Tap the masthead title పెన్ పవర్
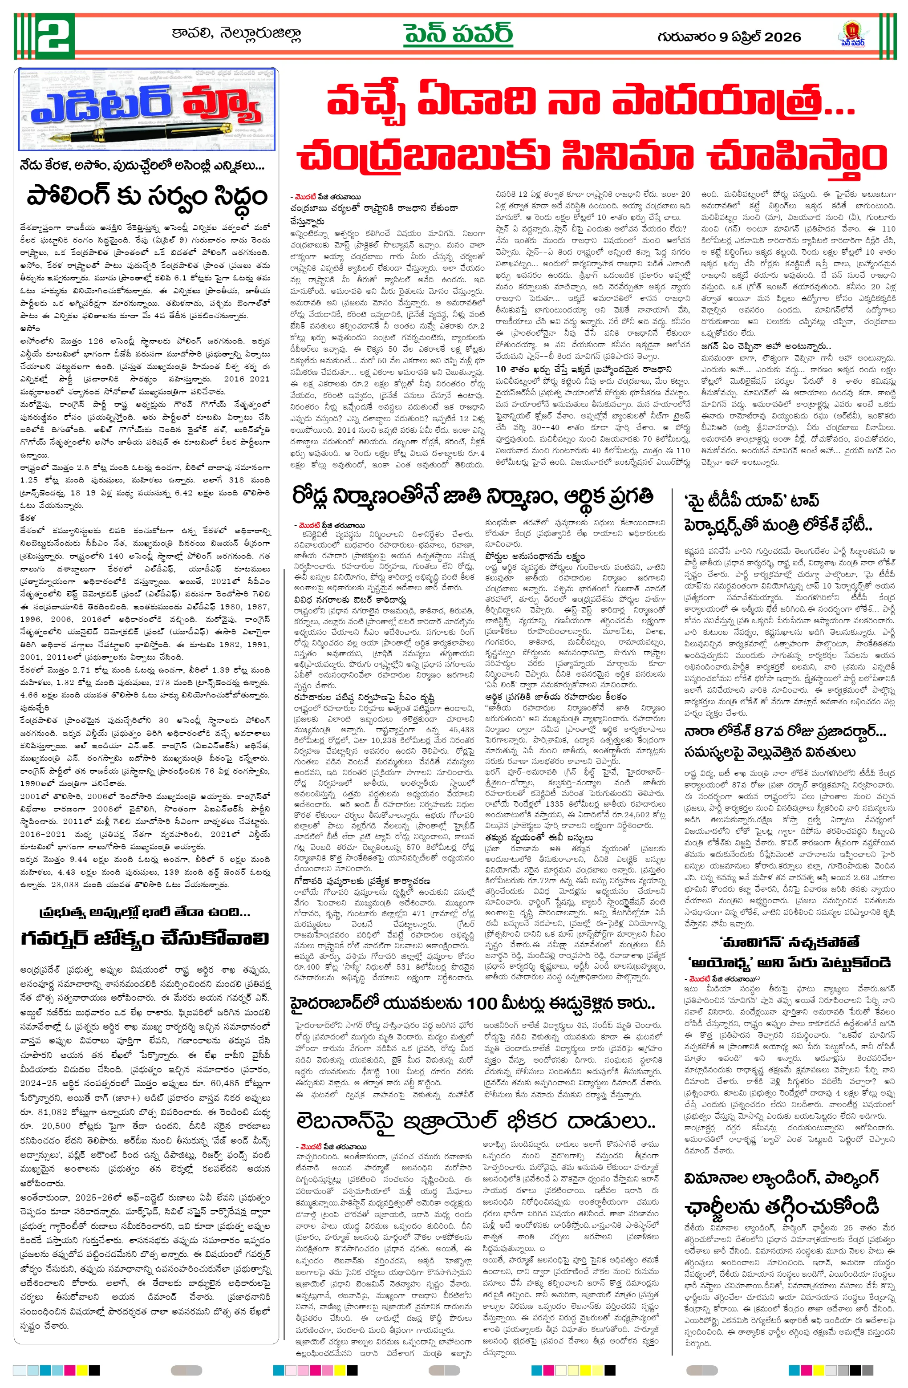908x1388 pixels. pos(458,35)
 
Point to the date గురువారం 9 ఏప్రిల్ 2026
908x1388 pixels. pos(729,37)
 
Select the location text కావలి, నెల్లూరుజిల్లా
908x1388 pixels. pos(236,34)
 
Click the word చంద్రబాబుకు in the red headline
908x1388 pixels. pos(420,156)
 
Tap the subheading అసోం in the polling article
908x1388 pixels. pos(29,329)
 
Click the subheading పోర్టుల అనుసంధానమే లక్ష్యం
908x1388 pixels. pos(534,556)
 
